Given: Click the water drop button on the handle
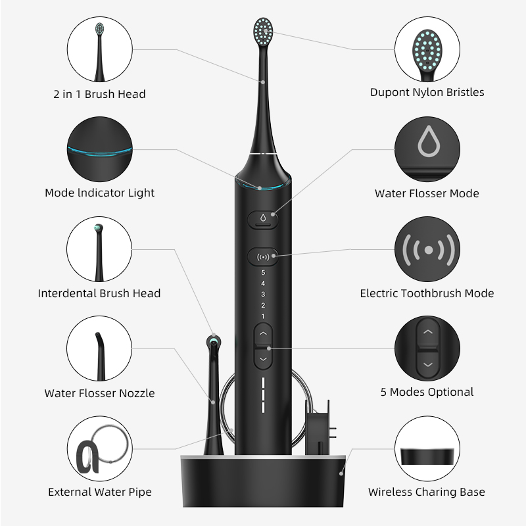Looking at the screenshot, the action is click(x=263, y=220).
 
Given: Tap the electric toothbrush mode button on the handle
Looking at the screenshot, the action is click(x=263, y=257).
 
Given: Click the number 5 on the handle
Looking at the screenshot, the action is click(x=263, y=272).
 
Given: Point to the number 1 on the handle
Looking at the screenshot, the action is click(x=263, y=316).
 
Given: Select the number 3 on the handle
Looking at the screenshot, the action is click(x=263, y=294).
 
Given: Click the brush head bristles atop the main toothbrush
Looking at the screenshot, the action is click(x=263, y=32).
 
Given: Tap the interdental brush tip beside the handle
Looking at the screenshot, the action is click(x=214, y=342).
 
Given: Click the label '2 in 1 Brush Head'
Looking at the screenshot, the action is click(x=100, y=94).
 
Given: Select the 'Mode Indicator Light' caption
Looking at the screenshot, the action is click(x=100, y=193).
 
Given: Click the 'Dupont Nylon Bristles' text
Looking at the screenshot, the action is click(x=427, y=92).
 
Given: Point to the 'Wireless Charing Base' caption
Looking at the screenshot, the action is click(x=427, y=492).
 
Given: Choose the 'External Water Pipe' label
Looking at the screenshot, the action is click(x=100, y=492).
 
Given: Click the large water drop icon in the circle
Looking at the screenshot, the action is click(x=429, y=141).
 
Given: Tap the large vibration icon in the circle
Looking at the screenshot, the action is click(x=429, y=250).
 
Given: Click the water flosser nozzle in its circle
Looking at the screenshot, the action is click(x=100, y=356).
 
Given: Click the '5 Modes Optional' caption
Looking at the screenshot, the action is click(x=427, y=392).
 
